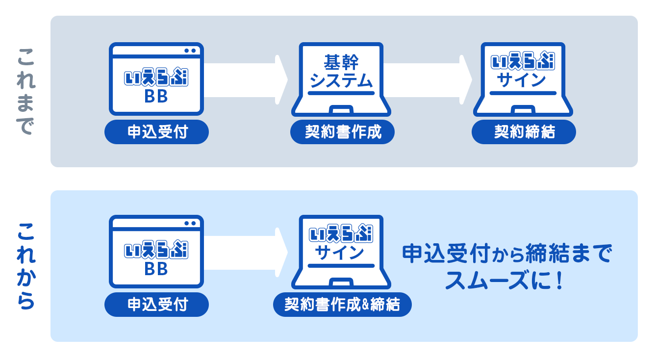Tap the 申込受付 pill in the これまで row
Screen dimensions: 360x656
(157, 132)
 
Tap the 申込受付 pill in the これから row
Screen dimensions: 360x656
(157, 305)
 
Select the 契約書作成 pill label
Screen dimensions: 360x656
(343, 132)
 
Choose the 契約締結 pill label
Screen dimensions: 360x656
(524, 132)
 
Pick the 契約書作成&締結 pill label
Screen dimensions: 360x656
(342, 305)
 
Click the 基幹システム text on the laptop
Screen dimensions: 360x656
(342, 71)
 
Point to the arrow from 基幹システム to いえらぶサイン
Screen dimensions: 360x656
(431, 80)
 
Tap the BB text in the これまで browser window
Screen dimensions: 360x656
(156, 97)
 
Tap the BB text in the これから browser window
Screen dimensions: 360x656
(156, 269)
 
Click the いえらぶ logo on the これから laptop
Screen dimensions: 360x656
(341, 233)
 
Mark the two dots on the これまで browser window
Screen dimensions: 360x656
(190, 51)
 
